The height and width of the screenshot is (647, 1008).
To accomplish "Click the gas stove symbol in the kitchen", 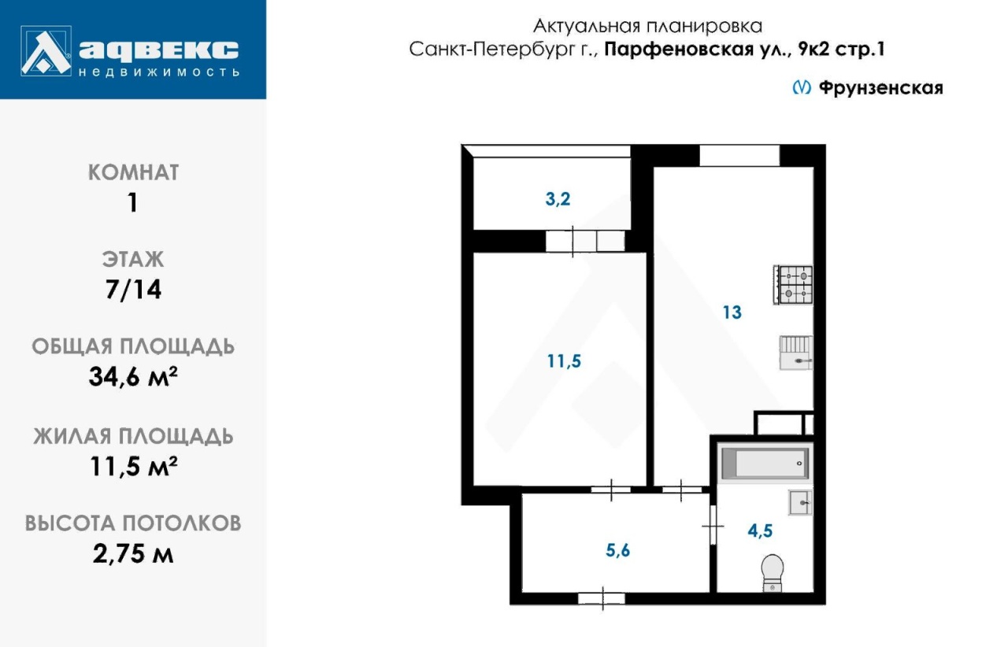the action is pos(793,285).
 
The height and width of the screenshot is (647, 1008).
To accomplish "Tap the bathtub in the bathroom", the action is pos(765,463).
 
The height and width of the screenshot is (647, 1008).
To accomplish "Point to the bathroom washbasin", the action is pos(801,503).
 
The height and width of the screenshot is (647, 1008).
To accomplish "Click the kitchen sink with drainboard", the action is pos(796,353).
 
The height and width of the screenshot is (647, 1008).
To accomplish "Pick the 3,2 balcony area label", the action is pos(558,199).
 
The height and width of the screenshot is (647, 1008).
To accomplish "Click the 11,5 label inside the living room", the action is pos(564,360).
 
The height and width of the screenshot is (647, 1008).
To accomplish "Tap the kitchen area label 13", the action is pos(732,312).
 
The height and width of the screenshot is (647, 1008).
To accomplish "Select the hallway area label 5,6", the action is pos(617,550).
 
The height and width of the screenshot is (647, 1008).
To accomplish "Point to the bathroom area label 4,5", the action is pos(760,531).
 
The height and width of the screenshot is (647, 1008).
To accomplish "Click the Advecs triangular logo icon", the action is pos(46,51).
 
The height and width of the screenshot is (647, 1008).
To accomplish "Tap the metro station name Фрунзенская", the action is pos(880,87).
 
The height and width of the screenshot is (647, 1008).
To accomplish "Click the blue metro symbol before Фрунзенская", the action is pos(802,87).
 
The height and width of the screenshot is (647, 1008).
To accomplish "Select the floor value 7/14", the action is pos(133,290).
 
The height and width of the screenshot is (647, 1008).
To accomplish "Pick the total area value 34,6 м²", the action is pos(133,376).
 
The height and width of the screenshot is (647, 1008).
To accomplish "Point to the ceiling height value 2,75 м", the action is pos(133,553).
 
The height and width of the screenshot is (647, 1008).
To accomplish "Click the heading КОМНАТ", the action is pos(133,172).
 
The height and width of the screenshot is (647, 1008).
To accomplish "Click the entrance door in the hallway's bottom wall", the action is pos(602,598).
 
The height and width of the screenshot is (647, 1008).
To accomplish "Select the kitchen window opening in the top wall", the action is pos(739,156).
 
